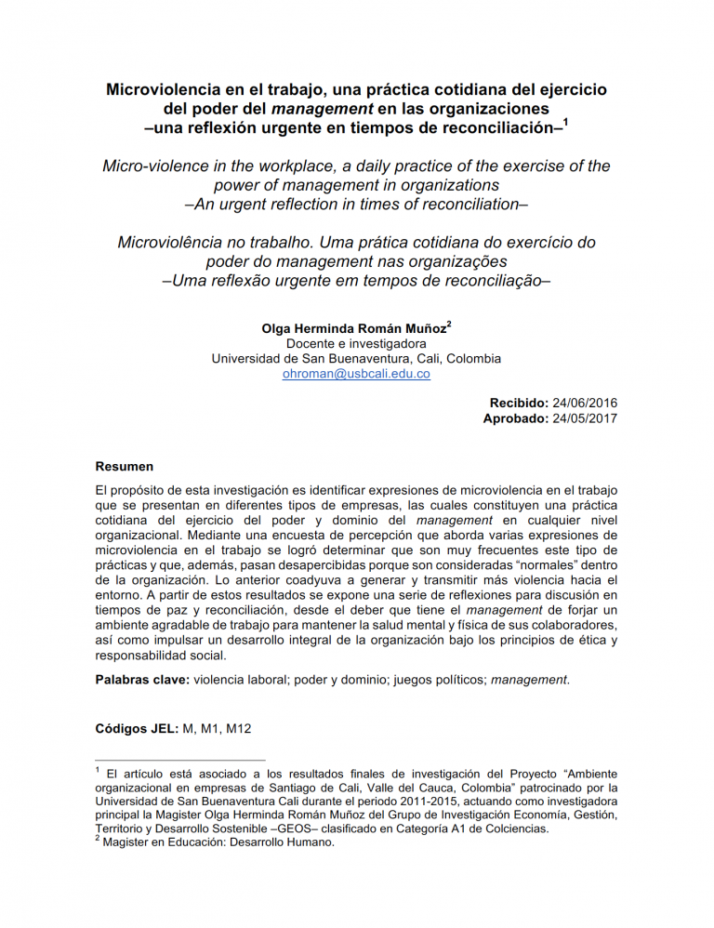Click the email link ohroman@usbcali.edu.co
[356, 374]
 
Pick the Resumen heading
[125, 466]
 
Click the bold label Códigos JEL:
[137, 728]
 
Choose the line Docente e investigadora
[356, 343]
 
